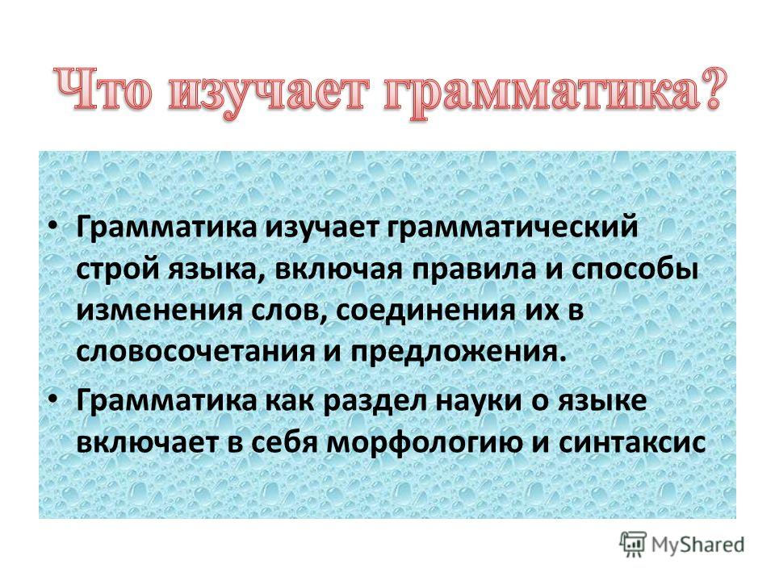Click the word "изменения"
pyautogui.click(x=159, y=311)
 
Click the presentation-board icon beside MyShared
pyautogui.click(x=634, y=544)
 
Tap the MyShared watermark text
pyautogui.click(x=697, y=545)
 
